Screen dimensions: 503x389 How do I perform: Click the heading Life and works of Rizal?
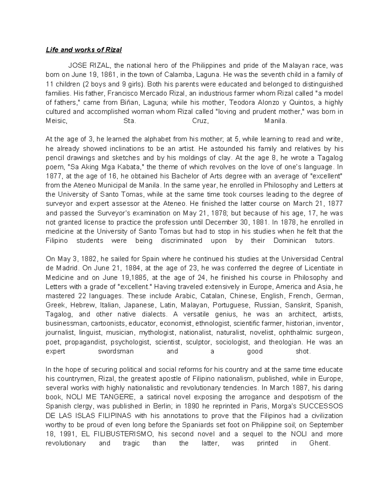pos(84,50)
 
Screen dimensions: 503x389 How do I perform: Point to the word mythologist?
pos(157,333)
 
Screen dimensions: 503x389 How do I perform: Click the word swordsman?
pos(116,351)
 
